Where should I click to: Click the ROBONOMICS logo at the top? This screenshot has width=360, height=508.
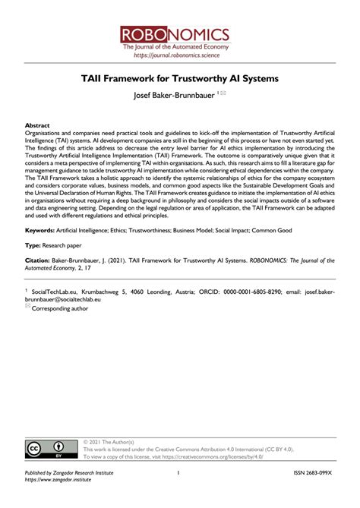pyautogui.click(x=180, y=34)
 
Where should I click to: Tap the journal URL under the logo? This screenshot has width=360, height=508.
pyautogui.click(x=180, y=55)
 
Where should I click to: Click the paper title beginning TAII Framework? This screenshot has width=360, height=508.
pyautogui.click(x=180, y=79)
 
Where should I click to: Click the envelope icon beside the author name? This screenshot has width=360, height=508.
pyautogui.click(x=223, y=94)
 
